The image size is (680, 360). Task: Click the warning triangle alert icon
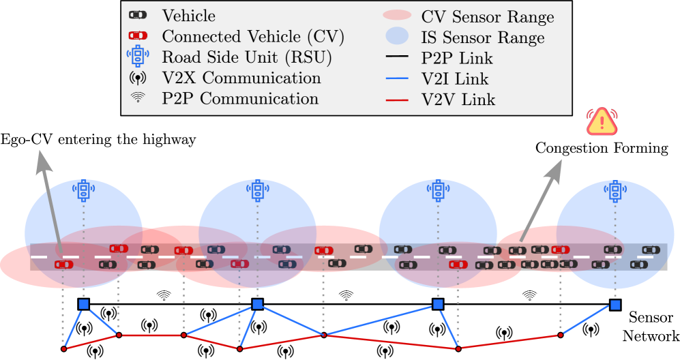pyautogui.click(x=602, y=121)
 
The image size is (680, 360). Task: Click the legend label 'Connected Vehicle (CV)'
pyautogui.click(x=253, y=36)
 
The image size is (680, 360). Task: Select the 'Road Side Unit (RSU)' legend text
pyautogui.click(x=247, y=57)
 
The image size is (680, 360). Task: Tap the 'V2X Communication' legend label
pyautogui.click(x=241, y=78)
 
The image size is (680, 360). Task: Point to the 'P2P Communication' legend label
pyautogui.click(x=240, y=99)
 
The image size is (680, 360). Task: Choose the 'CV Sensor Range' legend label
pyautogui.click(x=488, y=16)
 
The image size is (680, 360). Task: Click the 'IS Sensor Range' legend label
pyautogui.click(x=483, y=37)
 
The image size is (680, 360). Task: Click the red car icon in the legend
pyautogui.click(x=138, y=35)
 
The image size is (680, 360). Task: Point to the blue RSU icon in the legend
pyautogui.click(x=138, y=57)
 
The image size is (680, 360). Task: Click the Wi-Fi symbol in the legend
pyautogui.click(x=138, y=98)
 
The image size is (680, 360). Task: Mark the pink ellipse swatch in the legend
pyautogui.click(x=397, y=15)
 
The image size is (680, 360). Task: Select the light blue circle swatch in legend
pyautogui.click(x=397, y=36)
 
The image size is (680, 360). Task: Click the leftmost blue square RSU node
pyautogui.click(x=83, y=304)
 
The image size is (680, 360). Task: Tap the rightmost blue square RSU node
pyautogui.click(x=615, y=305)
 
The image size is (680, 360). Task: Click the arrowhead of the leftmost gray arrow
pyautogui.click(x=44, y=160)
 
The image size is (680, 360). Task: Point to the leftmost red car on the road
pyautogui.click(x=63, y=264)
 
